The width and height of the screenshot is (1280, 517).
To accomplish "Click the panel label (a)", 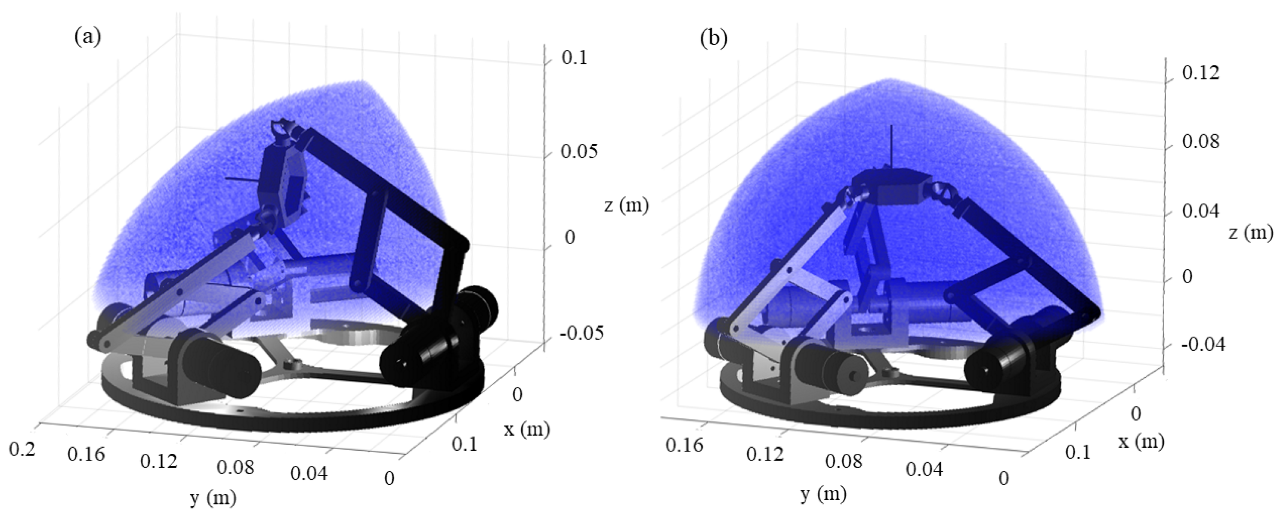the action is [88, 37].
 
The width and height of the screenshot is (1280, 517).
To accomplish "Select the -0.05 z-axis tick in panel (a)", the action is [581, 333].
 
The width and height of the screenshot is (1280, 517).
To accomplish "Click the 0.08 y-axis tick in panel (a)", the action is [235, 467].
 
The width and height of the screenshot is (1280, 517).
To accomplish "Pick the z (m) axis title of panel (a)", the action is [627, 205].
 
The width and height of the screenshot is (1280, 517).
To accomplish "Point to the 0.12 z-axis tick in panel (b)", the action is [1200, 73].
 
